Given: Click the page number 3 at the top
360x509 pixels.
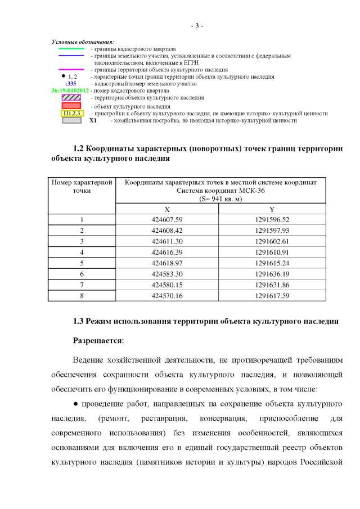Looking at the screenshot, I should coord(196,26).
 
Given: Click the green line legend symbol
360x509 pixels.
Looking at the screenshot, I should coord(71,49).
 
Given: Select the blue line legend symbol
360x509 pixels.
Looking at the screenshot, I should coord(71,56).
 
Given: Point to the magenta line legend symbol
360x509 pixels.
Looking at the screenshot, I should coord(71,70).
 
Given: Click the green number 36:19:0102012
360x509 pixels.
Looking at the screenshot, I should coord(70,91).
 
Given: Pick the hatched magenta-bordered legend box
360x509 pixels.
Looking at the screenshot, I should coord(71,98).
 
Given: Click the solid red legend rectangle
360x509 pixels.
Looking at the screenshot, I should coord(71,105).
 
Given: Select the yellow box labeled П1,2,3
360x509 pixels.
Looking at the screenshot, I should coord(71,113).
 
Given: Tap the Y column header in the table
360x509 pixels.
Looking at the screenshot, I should coord(272,209).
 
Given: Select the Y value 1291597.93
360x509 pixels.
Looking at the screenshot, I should coord(272,231).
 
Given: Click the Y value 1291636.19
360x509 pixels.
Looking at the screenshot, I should coord(272,274).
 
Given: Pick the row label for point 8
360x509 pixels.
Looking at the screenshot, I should coord(82,295).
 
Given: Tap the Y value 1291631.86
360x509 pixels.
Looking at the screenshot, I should coord(272,285).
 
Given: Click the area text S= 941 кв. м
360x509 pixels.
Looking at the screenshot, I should coord(220,199).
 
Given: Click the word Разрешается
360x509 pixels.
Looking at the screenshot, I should coord(98,341).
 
